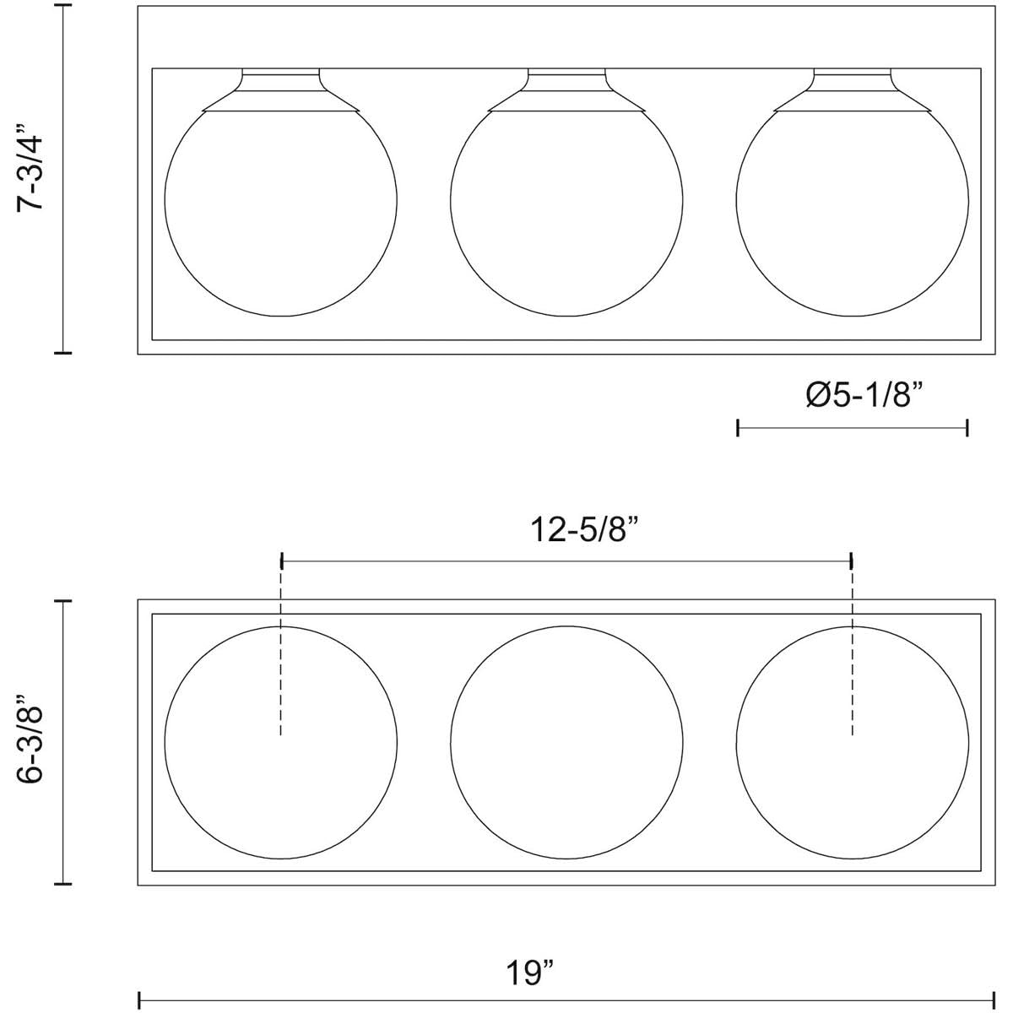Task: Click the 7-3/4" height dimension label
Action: pyautogui.click(x=30, y=167)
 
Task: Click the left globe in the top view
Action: pyautogui.click(x=165, y=200)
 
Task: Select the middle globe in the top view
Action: pyautogui.click(x=451, y=200)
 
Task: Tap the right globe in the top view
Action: pyautogui.click(x=736, y=200)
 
